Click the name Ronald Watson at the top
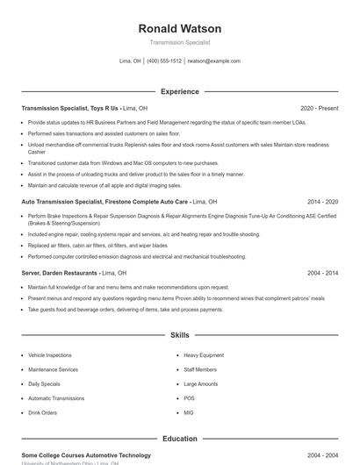pos(180,28)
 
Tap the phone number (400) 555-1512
pos(164,61)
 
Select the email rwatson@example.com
pos(214,61)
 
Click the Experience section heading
pos(180,91)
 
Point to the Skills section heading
pos(180,335)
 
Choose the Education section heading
pos(180,438)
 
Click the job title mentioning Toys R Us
pos(70,108)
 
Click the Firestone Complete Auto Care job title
pos(105,201)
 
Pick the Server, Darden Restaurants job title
pos(60,273)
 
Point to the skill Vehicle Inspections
pos(50,355)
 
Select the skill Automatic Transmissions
pos(57,397)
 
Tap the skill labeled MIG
pos(189,411)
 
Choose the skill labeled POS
pos(189,397)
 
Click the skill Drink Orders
pos(43,411)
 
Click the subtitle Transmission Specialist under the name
pos(180,42)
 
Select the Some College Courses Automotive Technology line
pos(86,455)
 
